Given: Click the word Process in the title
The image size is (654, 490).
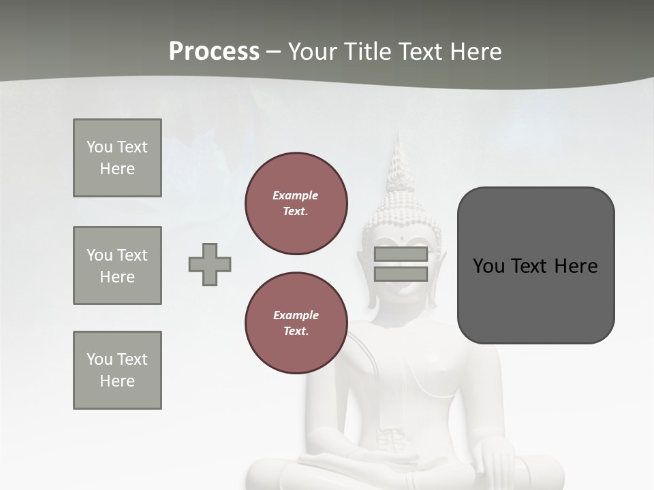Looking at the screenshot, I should [214, 52].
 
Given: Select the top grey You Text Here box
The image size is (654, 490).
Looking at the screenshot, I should [117, 158].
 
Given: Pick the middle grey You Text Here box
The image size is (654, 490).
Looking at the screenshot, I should [117, 265].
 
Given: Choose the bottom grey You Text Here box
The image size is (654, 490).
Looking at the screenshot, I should [117, 370].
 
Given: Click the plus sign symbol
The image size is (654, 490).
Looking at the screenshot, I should [210, 264].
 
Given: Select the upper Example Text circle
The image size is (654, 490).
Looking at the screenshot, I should [296, 203].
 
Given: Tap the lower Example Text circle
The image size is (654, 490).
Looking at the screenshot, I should [296, 323].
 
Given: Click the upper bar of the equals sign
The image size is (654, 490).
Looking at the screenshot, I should [401, 255].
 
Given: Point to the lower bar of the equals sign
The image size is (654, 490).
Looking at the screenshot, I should [401, 274].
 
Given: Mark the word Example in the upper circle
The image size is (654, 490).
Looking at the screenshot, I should [295, 196].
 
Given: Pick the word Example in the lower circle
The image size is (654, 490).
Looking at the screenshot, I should [296, 316].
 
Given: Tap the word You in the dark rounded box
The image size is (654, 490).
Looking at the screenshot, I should [488, 266].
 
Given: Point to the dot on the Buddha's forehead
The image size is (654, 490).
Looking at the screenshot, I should [402, 239].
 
